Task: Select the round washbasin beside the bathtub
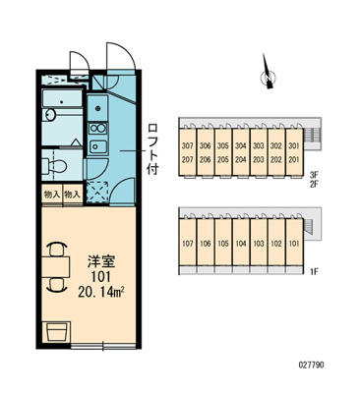pyautogui.click(x=50, y=115)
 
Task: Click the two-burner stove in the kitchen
pyautogui.click(x=97, y=129)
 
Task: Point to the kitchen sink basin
pyautogui.click(x=97, y=145)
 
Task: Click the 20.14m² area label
pyautogui.click(x=100, y=291)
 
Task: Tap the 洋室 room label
pyautogui.click(x=100, y=262)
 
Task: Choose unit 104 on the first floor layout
pyautogui.click(x=241, y=244)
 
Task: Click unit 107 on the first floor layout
pyautogui.click(x=187, y=244)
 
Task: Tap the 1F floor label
pyautogui.click(x=314, y=272)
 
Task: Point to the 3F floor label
pyautogui.click(x=314, y=176)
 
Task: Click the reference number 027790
pyautogui.click(x=311, y=365)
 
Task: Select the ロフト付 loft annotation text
pyautogui.click(x=152, y=148)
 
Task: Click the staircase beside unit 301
pyautogui.click(x=312, y=135)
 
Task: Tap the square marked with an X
pyautogui.click(x=97, y=191)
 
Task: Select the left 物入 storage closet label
pyautogui.click(x=52, y=196)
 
